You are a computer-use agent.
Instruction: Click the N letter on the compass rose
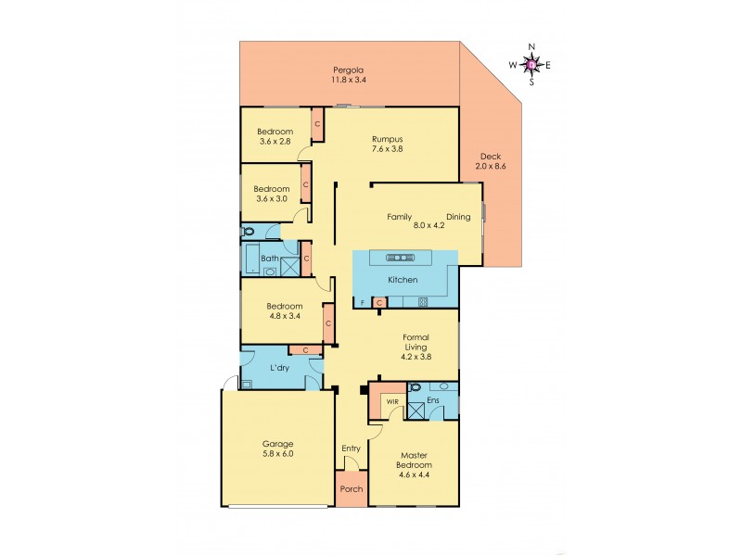tap(531, 46)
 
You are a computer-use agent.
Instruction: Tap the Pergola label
tap(349, 69)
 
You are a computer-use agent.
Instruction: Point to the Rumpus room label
tap(387, 140)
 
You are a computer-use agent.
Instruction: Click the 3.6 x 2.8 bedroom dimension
tap(275, 142)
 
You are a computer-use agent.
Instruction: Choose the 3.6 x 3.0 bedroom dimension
tap(272, 198)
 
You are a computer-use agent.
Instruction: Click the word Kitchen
tap(403, 280)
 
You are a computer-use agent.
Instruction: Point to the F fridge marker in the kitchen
tap(363, 303)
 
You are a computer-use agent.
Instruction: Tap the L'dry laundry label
tap(280, 368)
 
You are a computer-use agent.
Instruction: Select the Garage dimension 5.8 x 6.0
tap(277, 455)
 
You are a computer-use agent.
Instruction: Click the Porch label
tap(351, 490)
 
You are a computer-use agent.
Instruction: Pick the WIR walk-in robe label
tap(391, 401)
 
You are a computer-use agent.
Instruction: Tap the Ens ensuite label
tap(431, 401)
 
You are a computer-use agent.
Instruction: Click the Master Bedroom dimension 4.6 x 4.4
tap(415, 475)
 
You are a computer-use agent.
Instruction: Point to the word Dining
tap(458, 217)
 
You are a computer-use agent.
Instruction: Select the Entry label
tap(351, 449)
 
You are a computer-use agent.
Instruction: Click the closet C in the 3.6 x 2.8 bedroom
tap(317, 123)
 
